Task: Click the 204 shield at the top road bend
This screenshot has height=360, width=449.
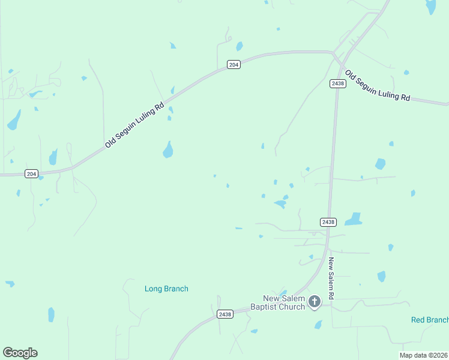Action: point(234,65)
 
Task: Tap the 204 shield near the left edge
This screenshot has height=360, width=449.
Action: point(32,173)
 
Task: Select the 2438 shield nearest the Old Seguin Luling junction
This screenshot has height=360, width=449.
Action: point(337,83)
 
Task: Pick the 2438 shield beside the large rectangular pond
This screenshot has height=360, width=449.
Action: point(328,222)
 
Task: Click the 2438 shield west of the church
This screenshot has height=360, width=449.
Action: point(224,314)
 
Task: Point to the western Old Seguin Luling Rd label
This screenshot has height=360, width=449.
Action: point(134,125)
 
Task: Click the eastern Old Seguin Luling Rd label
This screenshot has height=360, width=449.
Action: point(378,87)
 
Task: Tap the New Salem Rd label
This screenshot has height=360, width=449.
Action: point(331,279)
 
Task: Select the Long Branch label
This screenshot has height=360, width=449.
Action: point(166,289)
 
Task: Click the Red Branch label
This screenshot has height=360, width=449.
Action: point(429,320)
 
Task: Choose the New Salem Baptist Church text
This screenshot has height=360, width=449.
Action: point(284,303)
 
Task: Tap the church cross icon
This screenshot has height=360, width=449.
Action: point(315,302)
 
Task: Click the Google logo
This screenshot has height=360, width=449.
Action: point(20,353)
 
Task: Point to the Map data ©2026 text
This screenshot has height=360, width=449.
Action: point(423,355)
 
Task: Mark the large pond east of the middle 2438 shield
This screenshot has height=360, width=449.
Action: point(354,220)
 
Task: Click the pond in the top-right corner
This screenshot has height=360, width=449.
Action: point(430,7)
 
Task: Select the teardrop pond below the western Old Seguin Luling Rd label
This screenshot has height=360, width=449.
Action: point(168,149)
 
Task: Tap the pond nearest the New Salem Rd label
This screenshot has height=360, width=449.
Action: point(381,276)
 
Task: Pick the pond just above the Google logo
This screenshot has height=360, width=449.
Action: point(51,314)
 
